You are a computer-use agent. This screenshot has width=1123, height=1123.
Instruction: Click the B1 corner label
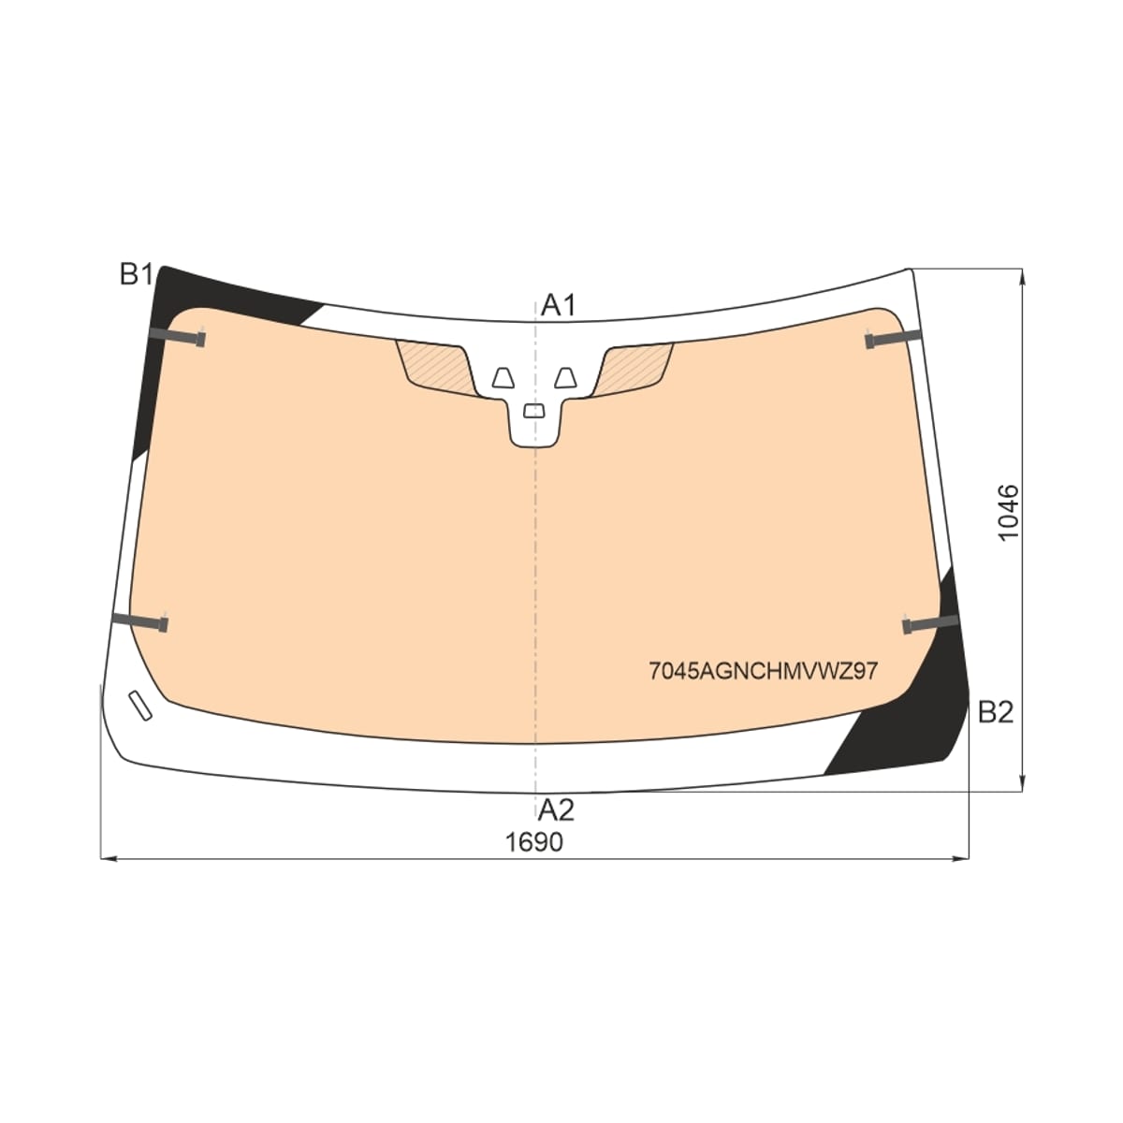click(x=136, y=274)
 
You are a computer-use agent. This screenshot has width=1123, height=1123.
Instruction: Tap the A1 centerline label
click(x=559, y=305)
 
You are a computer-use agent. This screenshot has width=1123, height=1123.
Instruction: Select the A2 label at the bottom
click(x=557, y=810)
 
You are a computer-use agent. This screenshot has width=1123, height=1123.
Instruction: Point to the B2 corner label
click(x=996, y=711)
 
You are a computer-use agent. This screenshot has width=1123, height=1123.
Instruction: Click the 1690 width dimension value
click(x=534, y=841)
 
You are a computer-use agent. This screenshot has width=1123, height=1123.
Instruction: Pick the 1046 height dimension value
click(x=1008, y=512)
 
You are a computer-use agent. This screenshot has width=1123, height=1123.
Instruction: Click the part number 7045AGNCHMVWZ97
click(x=763, y=671)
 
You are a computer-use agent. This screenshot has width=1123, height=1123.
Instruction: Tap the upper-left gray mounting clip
click(x=177, y=337)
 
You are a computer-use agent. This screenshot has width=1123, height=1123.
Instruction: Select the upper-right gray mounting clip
click(x=893, y=338)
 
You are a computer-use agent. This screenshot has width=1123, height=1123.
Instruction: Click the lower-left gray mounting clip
click(x=139, y=621)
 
